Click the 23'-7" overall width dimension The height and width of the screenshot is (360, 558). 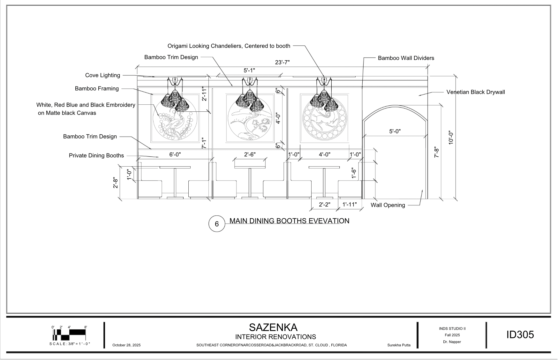click(282, 63)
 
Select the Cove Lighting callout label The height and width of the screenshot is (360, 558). click(102, 75)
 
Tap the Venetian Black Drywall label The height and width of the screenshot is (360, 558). click(475, 92)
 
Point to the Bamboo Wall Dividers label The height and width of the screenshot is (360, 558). click(406, 58)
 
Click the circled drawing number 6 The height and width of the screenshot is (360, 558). click(217, 224)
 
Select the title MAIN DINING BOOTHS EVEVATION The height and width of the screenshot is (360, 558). click(289, 221)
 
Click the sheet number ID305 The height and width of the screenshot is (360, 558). click(520, 335)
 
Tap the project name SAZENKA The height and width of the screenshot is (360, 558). click(273, 327)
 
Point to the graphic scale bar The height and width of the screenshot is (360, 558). click(70, 334)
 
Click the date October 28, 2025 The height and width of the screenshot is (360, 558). click(126, 345)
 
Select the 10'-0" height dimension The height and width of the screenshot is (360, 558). click(451, 138)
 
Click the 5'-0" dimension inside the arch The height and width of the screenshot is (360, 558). click(395, 131)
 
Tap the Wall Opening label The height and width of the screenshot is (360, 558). click(388, 205)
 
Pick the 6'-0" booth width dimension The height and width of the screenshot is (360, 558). click(175, 154)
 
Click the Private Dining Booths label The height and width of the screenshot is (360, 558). click(96, 156)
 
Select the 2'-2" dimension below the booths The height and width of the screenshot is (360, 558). click(324, 205)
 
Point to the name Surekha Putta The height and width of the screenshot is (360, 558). click(399, 345)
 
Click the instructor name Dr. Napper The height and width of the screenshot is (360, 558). click(452, 342)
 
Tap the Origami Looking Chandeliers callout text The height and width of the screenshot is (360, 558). click(229, 46)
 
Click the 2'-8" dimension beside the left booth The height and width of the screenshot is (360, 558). click(116, 183)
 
